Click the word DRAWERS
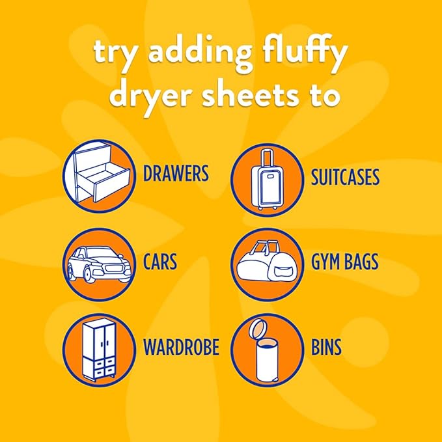click(176, 173)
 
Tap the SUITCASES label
click(345, 177)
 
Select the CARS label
click(160, 262)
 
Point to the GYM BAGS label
click(344, 262)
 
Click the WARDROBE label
click(181, 347)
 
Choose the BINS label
click(326, 347)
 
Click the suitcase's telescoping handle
click(267, 159)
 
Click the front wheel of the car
click(88, 273)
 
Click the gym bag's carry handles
click(264, 246)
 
